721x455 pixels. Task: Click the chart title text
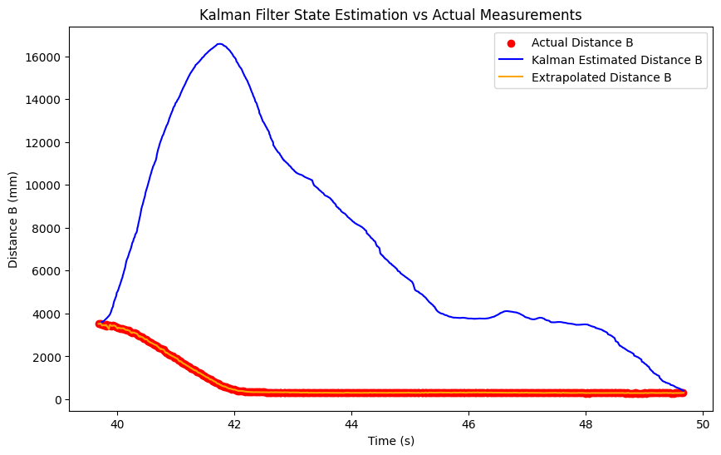pos(390,15)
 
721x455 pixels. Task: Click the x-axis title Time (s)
pos(390,441)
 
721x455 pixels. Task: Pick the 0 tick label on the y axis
pos(58,400)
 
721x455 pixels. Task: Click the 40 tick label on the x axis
pos(117,423)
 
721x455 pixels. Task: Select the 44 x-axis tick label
pos(351,423)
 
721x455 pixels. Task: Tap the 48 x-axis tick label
pos(586,423)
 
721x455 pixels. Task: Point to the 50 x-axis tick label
pos(703,423)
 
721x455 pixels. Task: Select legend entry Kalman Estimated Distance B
pos(616,60)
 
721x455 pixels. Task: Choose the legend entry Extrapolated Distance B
pos(601,77)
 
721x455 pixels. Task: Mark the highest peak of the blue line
pos(219,44)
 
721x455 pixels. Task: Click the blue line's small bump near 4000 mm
pos(507,311)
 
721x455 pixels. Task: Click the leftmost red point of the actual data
pos(100,324)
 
